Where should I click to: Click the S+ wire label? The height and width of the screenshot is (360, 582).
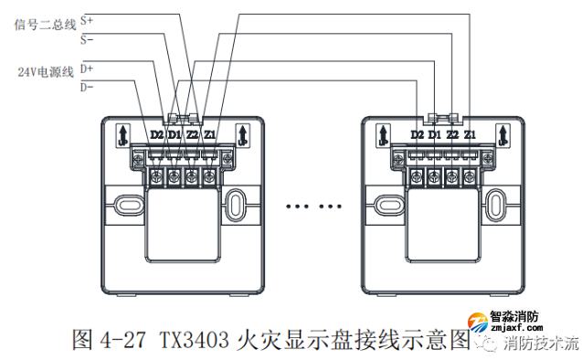pyautogui.click(x=86, y=18)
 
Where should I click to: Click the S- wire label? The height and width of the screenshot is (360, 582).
pyautogui.click(x=86, y=39)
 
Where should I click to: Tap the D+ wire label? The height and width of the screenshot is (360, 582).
pyautogui.click(x=86, y=68)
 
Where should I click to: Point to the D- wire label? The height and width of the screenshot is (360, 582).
pyautogui.click(x=86, y=88)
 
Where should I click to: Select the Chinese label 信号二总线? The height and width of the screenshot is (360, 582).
pyautogui.click(x=45, y=25)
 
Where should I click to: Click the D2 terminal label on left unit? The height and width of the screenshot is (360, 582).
pyautogui.click(x=156, y=135)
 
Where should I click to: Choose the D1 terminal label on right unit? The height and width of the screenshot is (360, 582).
pyautogui.click(x=435, y=135)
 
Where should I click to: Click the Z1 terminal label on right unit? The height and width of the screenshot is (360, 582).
pyautogui.click(x=470, y=135)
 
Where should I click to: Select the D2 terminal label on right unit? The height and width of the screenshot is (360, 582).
pyautogui.click(x=418, y=135)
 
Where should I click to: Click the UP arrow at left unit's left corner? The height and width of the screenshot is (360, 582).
pyautogui.click(x=122, y=137)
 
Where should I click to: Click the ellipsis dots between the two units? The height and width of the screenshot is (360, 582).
pyautogui.click(x=310, y=206)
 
